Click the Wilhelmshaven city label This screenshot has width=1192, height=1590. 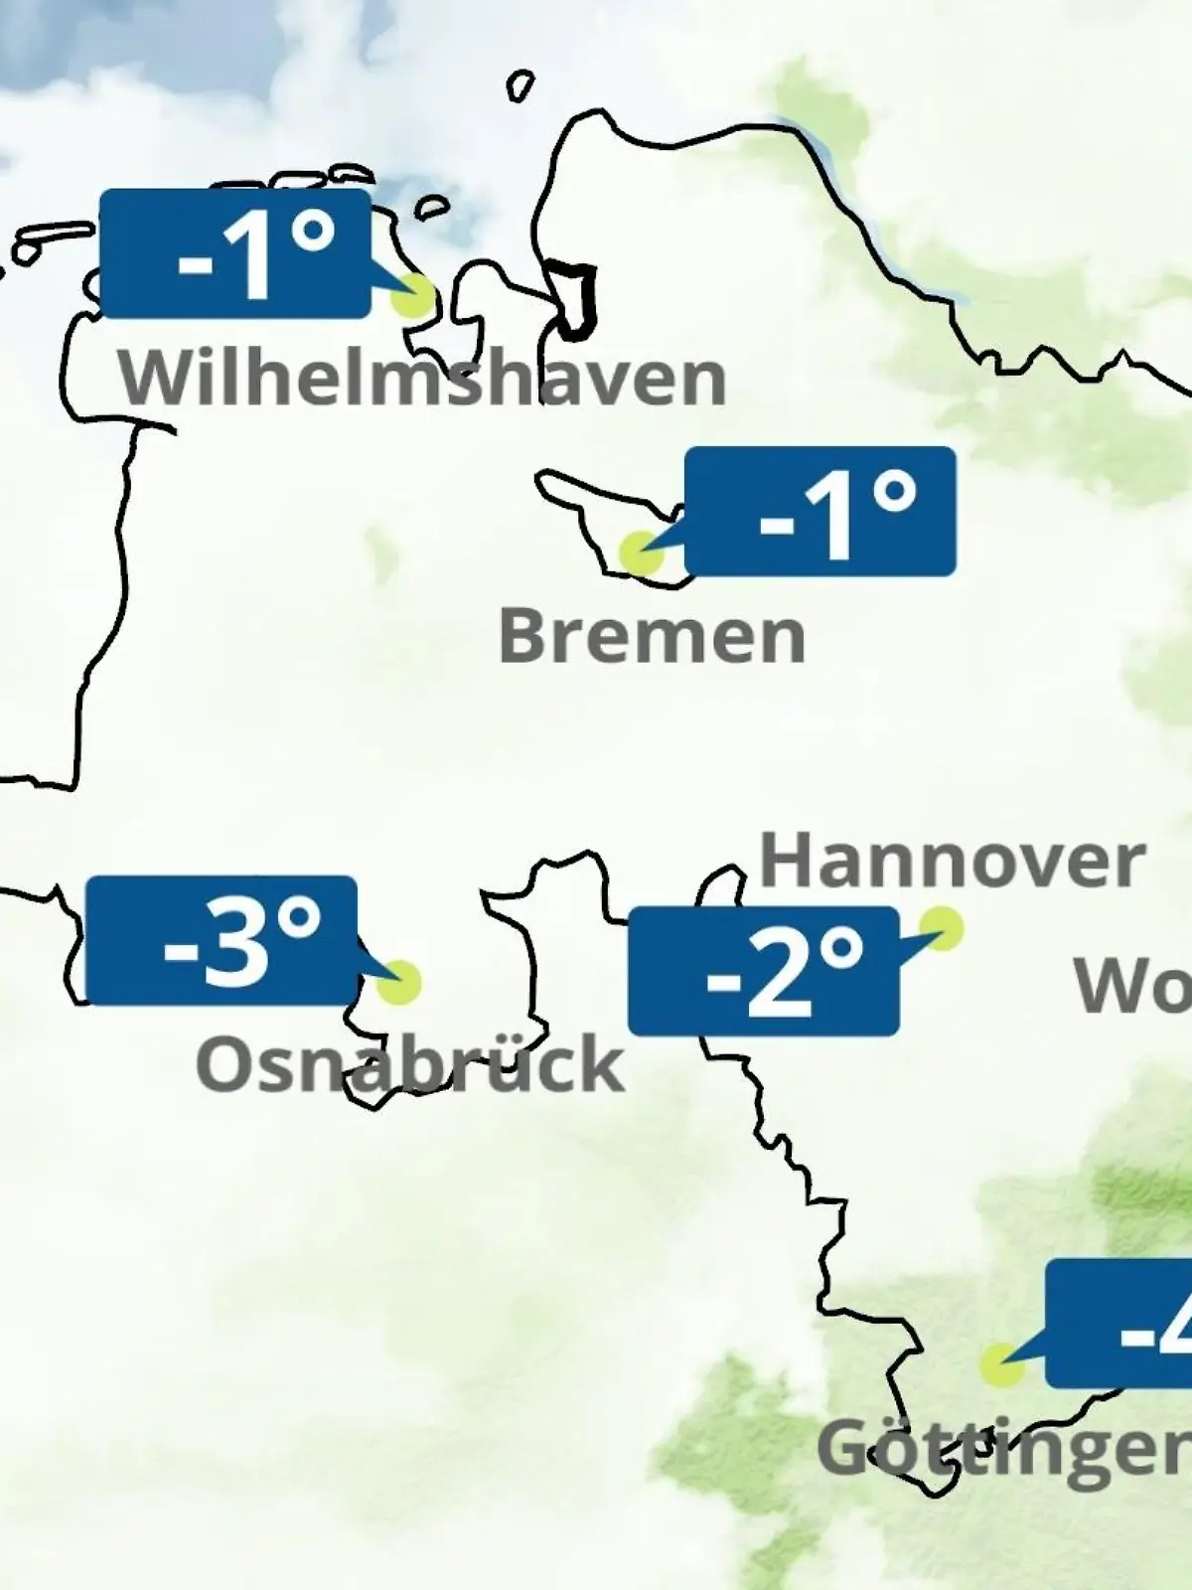pyautogui.click(x=423, y=378)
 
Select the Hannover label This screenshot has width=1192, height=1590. pyautogui.click(x=952, y=861)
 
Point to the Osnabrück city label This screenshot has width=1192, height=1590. pyautogui.click(x=409, y=1063)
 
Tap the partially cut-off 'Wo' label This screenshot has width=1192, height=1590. pyautogui.click(x=1132, y=986)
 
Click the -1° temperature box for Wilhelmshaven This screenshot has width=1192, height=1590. pyautogui.click(x=235, y=254)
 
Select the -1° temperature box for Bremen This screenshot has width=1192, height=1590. pyautogui.click(x=820, y=511)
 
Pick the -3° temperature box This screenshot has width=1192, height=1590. pyautogui.click(x=222, y=940)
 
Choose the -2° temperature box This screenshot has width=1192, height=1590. pyautogui.click(x=763, y=971)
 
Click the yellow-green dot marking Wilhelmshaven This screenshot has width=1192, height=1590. pyautogui.click(x=415, y=295)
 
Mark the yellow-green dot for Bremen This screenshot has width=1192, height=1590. pyautogui.click(x=640, y=552)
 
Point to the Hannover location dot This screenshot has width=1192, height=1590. pyautogui.click(x=941, y=928)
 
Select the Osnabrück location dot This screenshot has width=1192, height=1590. pyautogui.click(x=400, y=982)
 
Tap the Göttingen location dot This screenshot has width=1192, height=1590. pyautogui.click(x=1000, y=1365)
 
